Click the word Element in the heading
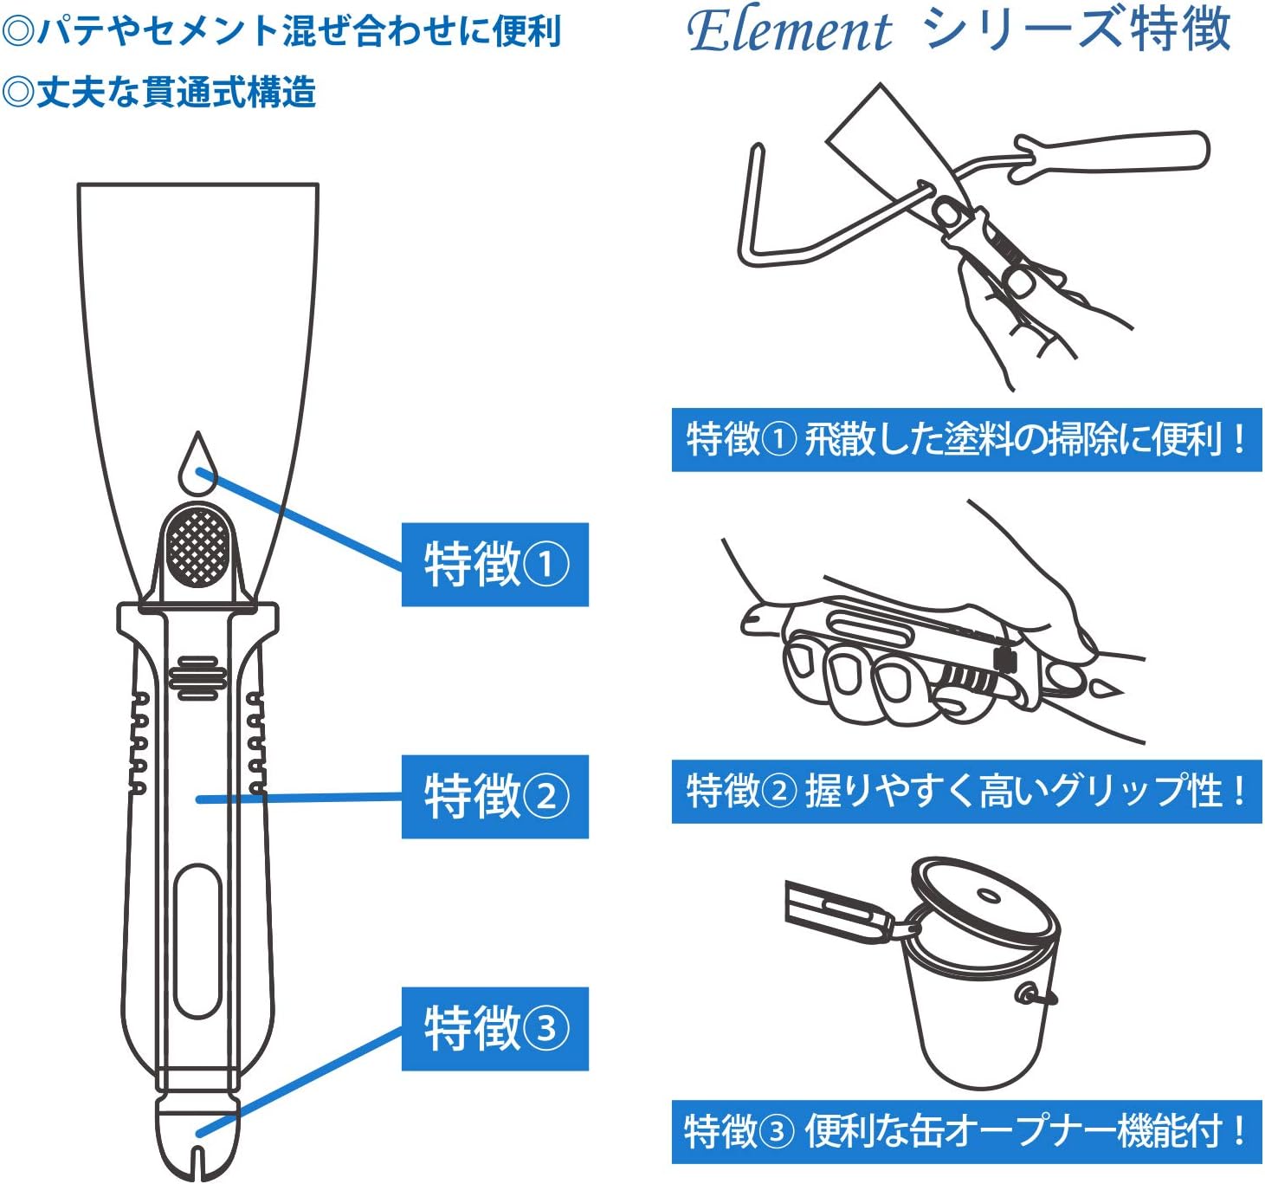coord(789,32)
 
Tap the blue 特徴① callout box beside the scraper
coord(494,565)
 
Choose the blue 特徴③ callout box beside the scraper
coord(494,1029)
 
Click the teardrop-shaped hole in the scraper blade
coord(197,469)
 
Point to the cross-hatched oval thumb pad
coord(198,547)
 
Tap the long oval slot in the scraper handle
coord(197,940)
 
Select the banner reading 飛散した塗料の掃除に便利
coord(966,440)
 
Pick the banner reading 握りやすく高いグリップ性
coord(966,792)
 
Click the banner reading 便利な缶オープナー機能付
coord(966,1132)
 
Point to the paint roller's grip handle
coord(1117,154)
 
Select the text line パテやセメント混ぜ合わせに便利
coord(282,32)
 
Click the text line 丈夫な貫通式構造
coord(160,93)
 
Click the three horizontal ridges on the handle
coord(197,678)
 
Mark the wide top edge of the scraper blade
coord(197,185)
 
